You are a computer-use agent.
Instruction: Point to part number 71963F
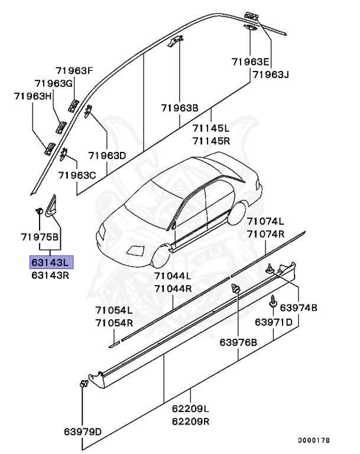tap(75, 71)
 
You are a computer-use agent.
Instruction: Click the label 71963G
tap(54, 83)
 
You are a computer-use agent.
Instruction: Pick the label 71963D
tap(108, 156)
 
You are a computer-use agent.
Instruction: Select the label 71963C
tap(77, 176)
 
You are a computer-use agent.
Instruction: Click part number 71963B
tap(180, 108)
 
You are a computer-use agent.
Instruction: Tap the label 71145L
tap(210, 128)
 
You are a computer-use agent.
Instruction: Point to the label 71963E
tap(250, 61)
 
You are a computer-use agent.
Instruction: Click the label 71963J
tap(271, 74)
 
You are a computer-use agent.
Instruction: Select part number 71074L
tap(265, 222)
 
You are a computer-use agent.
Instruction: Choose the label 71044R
tap(173, 288)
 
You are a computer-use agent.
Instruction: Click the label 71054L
tap(114, 310)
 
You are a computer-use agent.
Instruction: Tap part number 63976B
tap(238, 342)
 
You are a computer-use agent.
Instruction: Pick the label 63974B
tap(299, 308)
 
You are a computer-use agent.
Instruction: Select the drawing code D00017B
tap(313, 441)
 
